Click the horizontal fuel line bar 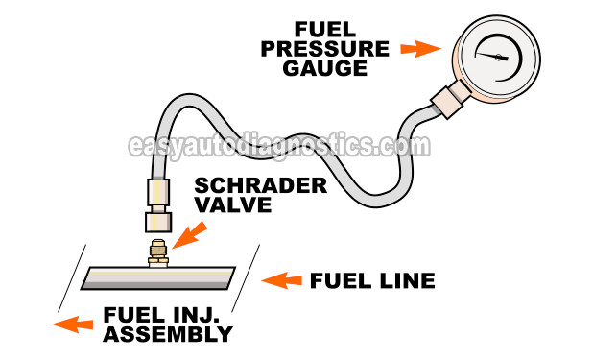point(158,277)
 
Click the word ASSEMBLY point(171,335)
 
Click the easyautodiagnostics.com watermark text point(278,147)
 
